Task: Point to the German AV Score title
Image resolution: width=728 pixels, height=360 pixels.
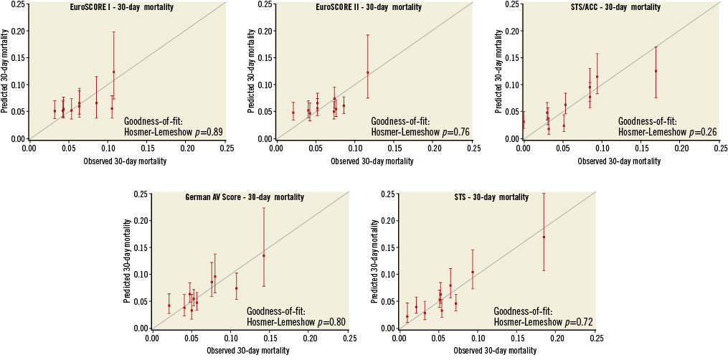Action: click(245, 197)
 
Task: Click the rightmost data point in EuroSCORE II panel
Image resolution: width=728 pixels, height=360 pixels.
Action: click(368, 72)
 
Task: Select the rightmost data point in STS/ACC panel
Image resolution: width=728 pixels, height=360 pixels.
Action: click(656, 71)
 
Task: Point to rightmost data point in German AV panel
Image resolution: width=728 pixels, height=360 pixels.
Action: click(264, 255)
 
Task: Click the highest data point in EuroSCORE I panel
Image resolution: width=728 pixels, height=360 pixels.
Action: click(113, 72)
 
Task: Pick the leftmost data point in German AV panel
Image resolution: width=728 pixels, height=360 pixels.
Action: click(169, 305)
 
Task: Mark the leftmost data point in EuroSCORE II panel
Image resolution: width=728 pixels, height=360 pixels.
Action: click(293, 113)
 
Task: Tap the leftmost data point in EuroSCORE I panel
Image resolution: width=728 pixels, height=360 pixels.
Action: click(55, 110)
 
